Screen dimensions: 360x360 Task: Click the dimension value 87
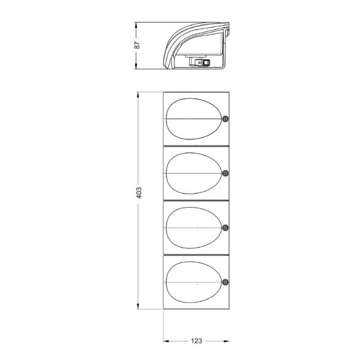point(137,45)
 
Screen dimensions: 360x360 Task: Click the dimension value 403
point(139,193)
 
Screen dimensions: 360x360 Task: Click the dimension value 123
point(196,341)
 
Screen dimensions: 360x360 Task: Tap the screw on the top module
point(226,119)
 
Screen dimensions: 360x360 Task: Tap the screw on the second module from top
point(226,173)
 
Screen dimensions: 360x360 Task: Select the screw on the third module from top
point(226,227)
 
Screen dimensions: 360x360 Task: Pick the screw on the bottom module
point(226,282)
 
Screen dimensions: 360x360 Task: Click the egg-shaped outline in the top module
point(166,119)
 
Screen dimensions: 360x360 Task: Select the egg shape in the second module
point(166,173)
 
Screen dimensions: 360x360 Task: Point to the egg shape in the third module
point(166,227)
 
